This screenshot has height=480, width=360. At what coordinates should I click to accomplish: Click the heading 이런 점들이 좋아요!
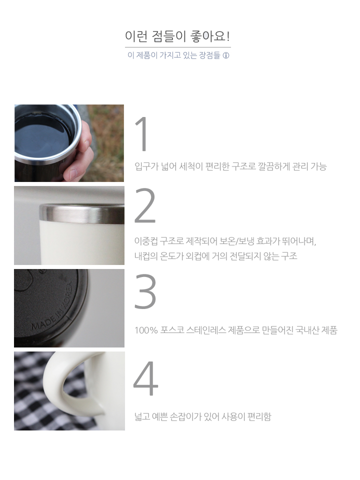coord(177,36)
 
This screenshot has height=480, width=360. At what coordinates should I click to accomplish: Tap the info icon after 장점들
coord(226,55)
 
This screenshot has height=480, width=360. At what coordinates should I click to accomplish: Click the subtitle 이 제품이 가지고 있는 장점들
coord(173,55)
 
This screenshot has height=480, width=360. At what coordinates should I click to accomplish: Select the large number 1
coord(142,134)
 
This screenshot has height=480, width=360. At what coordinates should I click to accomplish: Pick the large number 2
coord(145,206)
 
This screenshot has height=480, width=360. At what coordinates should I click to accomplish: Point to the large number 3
coord(145,291)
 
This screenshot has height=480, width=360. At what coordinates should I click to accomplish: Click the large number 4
coord(145,378)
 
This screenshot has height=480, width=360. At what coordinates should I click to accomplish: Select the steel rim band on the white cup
coord(81,214)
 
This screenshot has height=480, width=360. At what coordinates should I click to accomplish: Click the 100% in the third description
coord(146,330)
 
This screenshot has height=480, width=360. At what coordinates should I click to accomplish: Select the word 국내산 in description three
coord(307,330)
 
